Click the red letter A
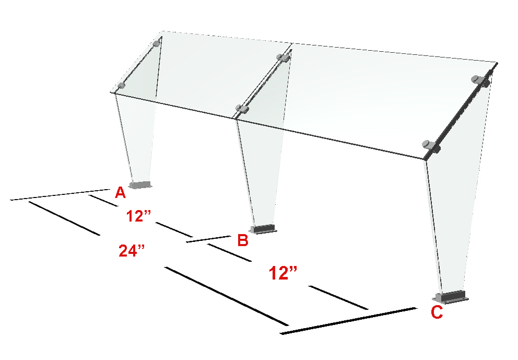click(x=120, y=192)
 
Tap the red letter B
click(x=243, y=240)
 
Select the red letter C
click(x=437, y=312)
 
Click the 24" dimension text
click(x=132, y=251)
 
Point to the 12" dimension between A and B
click(x=138, y=216)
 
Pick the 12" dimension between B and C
click(x=283, y=273)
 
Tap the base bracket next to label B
click(x=263, y=229)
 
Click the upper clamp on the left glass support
click(x=158, y=43)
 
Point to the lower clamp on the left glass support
click(x=121, y=86)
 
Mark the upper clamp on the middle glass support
click(x=284, y=58)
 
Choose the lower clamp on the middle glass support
click(x=242, y=109)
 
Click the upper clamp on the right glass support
click(x=480, y=80)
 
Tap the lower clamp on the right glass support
click(x=432, y=146)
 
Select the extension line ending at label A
click(x=60, y=194)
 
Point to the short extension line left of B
click(x=208, y=239)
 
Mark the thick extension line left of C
click(x=348, y=321)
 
